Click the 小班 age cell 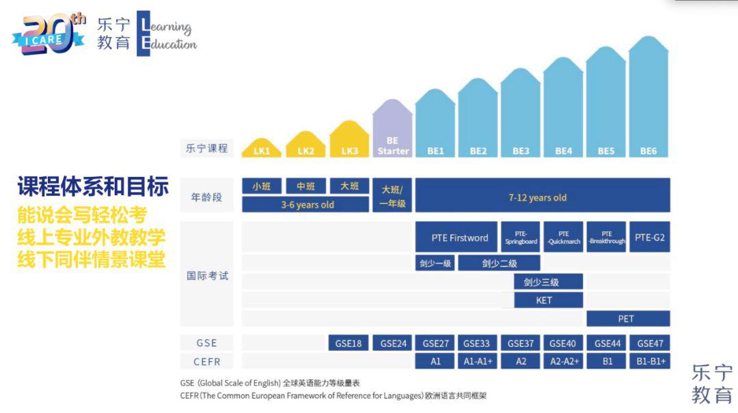tap(262, 186)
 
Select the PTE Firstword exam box tap(459, 238)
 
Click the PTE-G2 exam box tap(649, 238)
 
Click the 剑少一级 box tap(435, 263)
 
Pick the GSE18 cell tap(348, 343)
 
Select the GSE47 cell tap(649, 343)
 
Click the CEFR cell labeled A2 tap(521, 361)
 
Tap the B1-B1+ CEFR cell tap(649, 361)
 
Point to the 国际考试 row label tap(207, 276)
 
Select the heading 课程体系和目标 tap(93, 186)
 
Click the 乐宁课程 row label tap(207, 147)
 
